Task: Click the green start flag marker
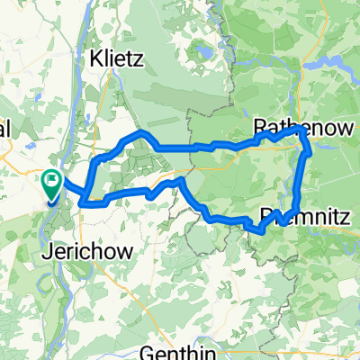(x=49, y=182)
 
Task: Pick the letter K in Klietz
(x=95, y=60)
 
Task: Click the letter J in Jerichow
(x=48, y=250)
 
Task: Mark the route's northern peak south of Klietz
(x=139, y=132)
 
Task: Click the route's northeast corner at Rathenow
(x=300, y=130)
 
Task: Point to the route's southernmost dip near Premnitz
(x=259, y=231)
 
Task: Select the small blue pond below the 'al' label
(x=30, y=144)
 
